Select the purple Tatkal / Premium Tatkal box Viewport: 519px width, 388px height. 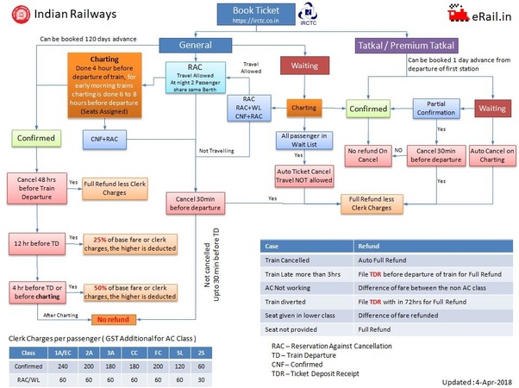pyautogui.click(x=406, y=45)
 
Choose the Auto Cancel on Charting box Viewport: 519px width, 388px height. pyautogui.click(x=490, y=155)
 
